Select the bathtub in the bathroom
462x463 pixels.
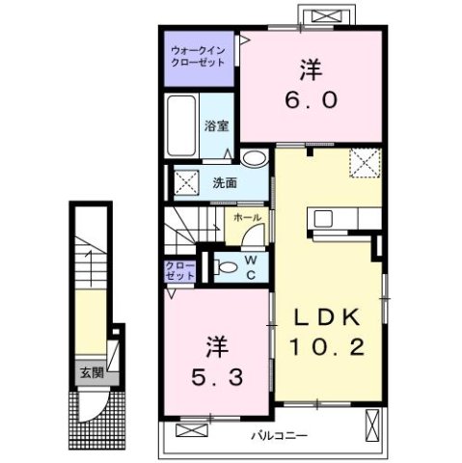[x=181, y=126]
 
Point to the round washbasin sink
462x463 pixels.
[x=254, y=159]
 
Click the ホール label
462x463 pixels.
[x=245, y=219]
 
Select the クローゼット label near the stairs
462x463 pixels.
[x=179, y=270]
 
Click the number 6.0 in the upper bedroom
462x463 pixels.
[x=309, y=99]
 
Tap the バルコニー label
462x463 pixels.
[x=279, y=436]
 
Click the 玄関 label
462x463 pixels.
[x=91, y=372]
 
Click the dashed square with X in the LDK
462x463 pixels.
[x=363, y=163]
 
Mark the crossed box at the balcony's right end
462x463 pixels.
[x=373, y=422]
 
